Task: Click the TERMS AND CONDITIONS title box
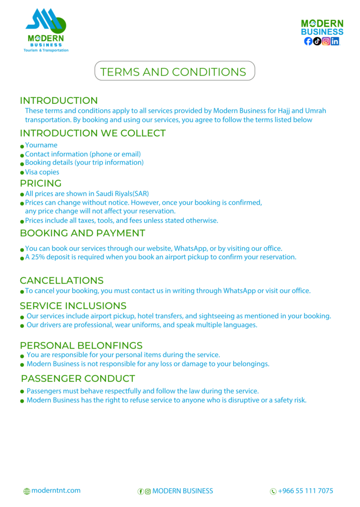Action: pos(174,71)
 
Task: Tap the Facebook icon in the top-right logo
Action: pos(308,42)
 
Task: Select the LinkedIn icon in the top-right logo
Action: pos(335,42)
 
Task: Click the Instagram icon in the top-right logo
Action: pos(326,42)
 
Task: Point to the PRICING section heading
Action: pos(41,183)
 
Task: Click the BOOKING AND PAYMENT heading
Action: pos(82,233)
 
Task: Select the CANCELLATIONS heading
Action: pos(61,281)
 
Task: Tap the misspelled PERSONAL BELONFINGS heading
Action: pos(81,345)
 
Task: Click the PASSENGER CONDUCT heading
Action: pos(78,379)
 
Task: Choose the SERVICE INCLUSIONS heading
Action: pos(73,305)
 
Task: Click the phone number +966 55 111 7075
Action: pos(306,491)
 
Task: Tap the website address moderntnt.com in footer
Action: pos(55,491)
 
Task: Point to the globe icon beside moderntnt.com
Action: pos(27,491)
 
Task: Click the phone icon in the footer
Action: pos(273,491)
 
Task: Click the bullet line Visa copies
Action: pos(42,172)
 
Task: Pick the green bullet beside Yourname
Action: pos(22,146)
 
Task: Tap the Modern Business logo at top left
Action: pos(46,30)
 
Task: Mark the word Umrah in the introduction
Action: pos(316,110)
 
